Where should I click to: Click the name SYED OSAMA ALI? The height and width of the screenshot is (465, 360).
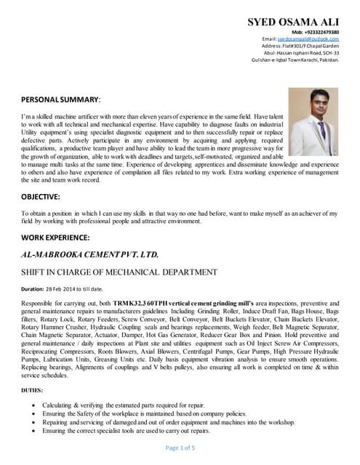293,23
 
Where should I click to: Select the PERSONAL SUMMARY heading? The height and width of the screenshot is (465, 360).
61,98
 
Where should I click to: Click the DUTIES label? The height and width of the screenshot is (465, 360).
33,391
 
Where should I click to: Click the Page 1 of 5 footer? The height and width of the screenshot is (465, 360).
180,448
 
